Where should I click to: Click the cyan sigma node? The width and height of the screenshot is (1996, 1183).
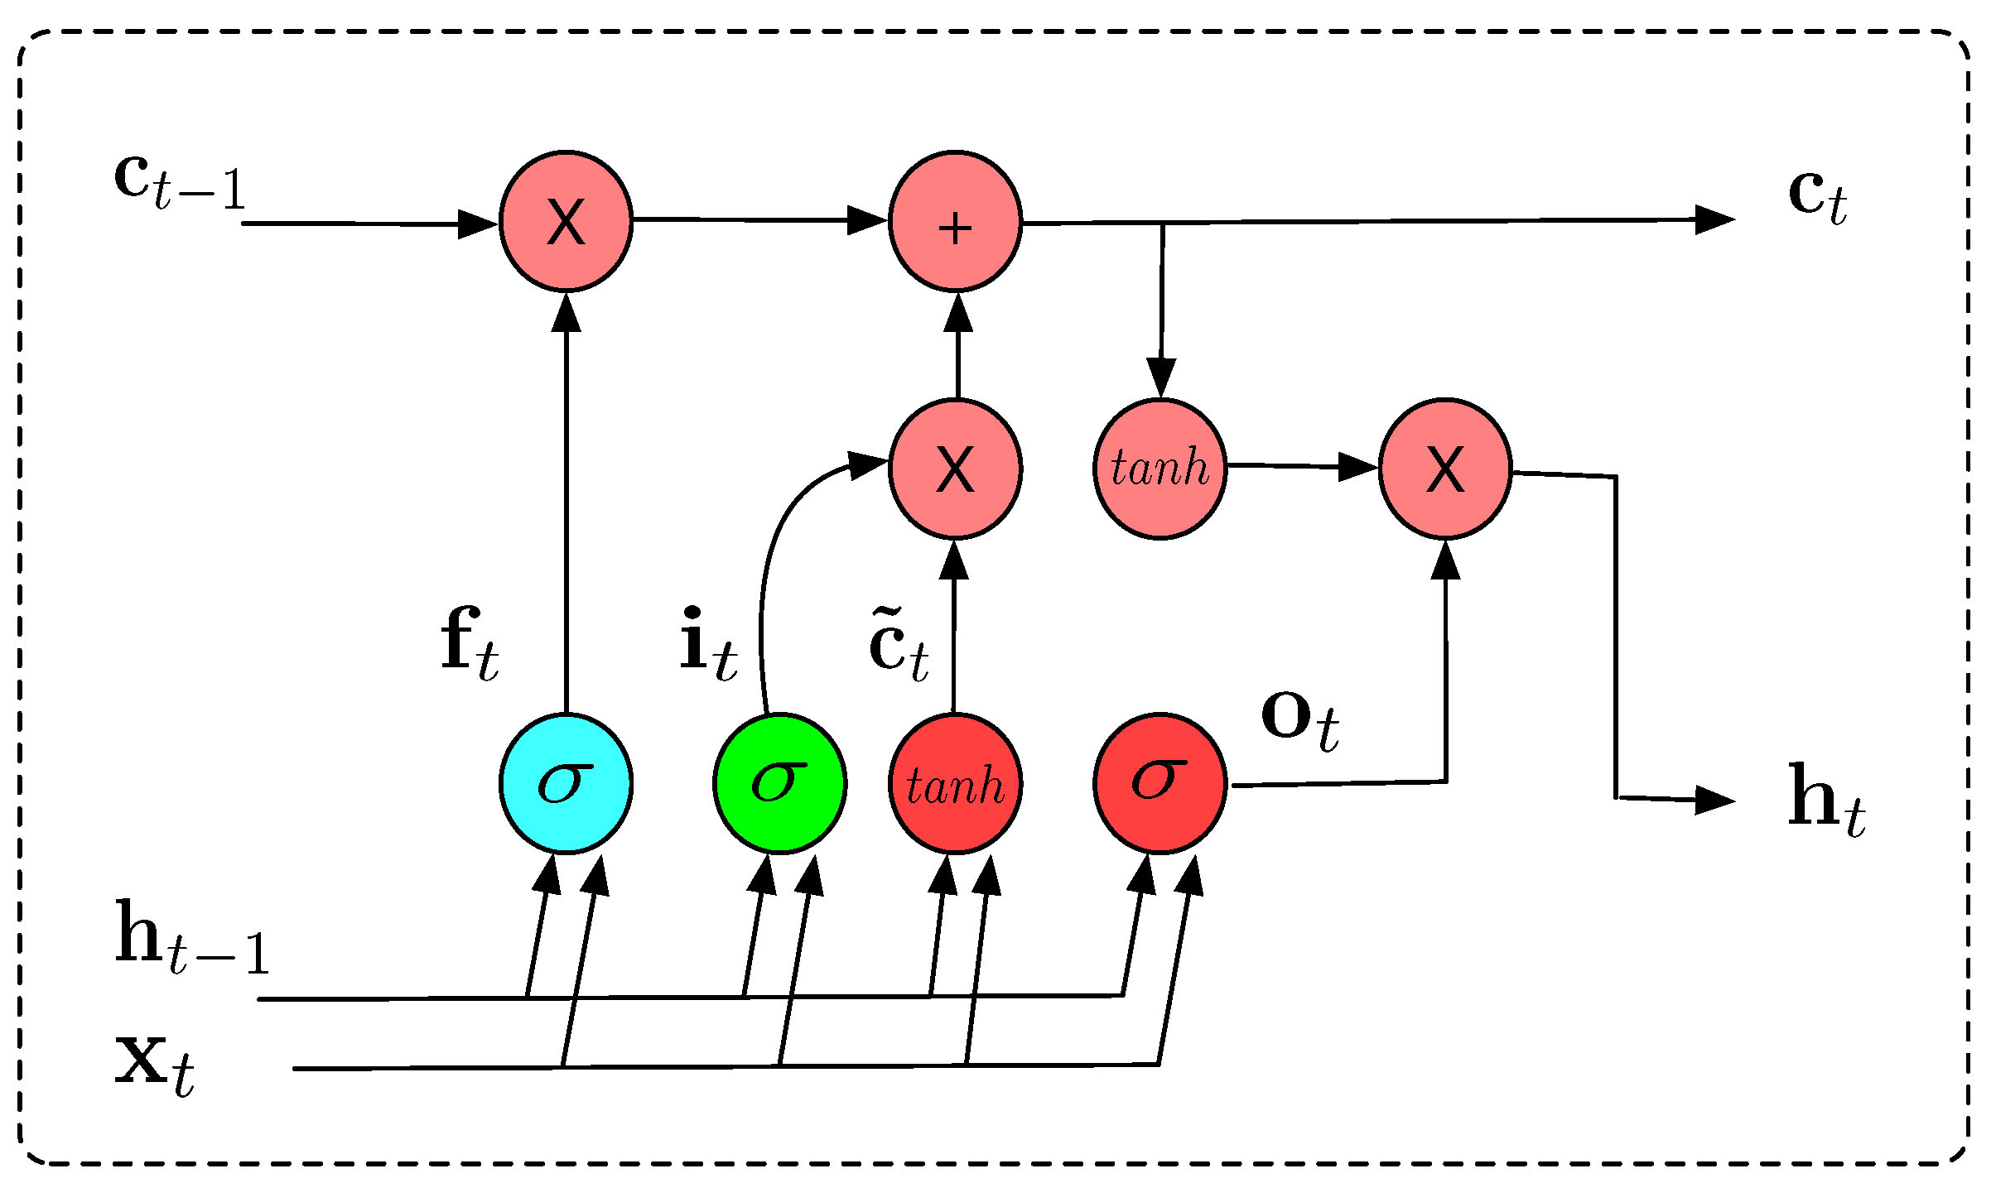[x=566, y=782]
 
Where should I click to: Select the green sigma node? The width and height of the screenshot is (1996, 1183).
[x=779, y=782]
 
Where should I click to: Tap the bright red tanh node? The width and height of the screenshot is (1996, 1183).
[x=955, y=782]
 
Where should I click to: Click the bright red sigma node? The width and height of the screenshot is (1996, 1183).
[x=1160, y=782]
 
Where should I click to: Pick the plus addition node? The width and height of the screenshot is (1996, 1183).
[x=955, y=221]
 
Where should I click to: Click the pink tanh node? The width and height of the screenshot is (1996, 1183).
[x=1160, y=469]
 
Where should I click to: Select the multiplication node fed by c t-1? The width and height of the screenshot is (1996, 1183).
[x=566, y=221]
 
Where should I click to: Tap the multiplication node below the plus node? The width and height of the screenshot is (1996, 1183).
[x=955, y=469]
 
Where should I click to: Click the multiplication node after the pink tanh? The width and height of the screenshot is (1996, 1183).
[x=1445, y=469]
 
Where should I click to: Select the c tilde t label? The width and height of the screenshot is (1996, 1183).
[x=899, y=646]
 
